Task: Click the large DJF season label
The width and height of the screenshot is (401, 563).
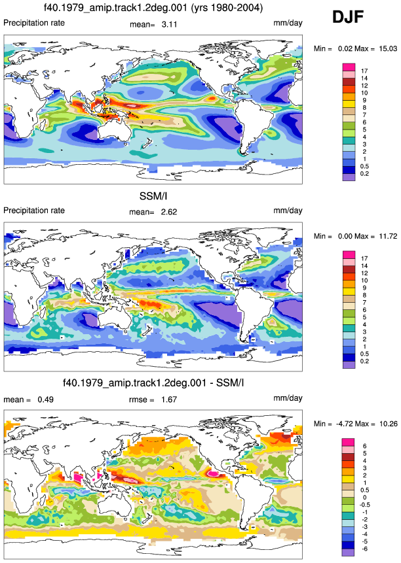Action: (x=347, y=17)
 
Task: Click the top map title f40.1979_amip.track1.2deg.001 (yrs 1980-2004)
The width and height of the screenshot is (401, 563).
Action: (x=153, y=7)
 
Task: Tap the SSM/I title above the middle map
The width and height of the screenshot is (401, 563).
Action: (x=153, y=196)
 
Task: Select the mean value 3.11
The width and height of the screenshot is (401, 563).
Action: (x=169, y=24)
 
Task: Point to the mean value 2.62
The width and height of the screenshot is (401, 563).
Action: (x=169, y=212)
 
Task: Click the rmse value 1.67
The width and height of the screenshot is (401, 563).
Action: (x=169, y=400)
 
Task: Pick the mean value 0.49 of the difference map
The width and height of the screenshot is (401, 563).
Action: (x=46, y=400)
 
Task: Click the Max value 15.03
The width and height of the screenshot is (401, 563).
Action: (x=388, y=48)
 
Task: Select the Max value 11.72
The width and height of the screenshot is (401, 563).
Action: (x=388, y=236)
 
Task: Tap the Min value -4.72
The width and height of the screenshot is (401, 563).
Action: (x=344, y=424)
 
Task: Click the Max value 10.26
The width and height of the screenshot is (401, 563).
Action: (x=389, y=424)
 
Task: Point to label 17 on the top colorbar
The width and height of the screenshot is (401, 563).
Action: (x=364, y=71)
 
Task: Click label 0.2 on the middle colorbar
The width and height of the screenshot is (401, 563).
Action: (x=364, y=361)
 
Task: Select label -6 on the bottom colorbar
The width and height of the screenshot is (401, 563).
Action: (x=364, y=549)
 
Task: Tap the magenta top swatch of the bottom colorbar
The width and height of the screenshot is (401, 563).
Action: (x=348, y=442)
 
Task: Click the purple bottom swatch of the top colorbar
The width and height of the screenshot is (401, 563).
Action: (x=349, y=177)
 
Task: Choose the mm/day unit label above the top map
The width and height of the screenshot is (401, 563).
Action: (x=288, y=23)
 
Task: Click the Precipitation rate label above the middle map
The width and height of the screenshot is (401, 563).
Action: (x=34, y=211)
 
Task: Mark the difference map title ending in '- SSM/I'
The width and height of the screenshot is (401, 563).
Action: (x=153, y=383)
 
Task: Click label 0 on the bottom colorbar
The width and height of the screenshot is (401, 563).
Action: (x=364, y=498)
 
